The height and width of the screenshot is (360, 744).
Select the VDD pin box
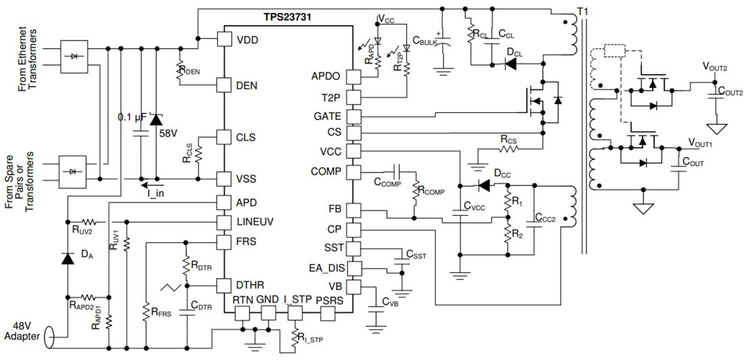click(x=225, y=39)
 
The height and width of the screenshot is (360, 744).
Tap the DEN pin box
click(x=225, y=85)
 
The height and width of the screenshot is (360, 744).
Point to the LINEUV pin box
click(x=225, y=222)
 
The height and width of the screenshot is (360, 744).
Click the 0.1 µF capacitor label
click(x=132, y=118)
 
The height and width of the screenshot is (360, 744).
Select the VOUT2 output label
click(x=715, y=68)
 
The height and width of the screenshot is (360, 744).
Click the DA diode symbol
click(x=67, y=258)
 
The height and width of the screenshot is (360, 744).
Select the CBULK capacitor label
click(x=424, y=41)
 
